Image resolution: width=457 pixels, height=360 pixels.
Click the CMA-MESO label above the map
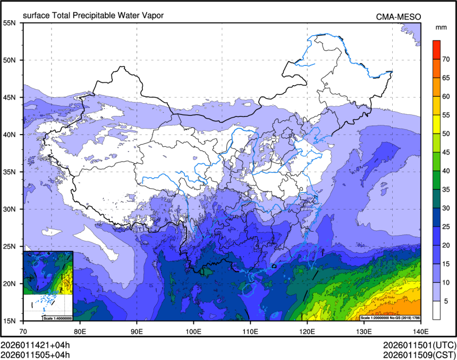click(x=399, y=16)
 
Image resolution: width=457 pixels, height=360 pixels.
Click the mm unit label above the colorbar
click(x=441, y=27)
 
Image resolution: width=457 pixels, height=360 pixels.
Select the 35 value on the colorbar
click(x=447, y=189)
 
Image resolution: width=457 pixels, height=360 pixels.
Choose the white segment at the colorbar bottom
click(x=436, y=309)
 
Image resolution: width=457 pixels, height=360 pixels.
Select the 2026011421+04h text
click(x=35, y=345)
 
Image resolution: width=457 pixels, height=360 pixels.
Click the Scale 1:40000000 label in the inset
click(x=57, y=318)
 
